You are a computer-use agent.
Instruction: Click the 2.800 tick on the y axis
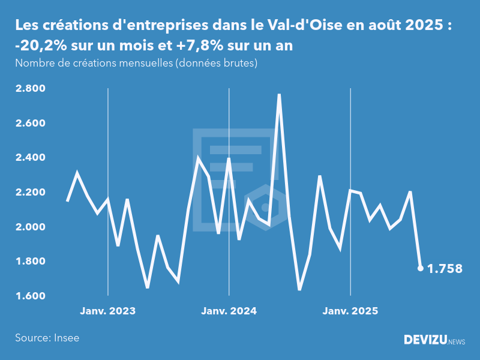pyautogui.click(x=29, y=89)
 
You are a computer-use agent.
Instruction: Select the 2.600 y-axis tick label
pyautogui.click(x=29, y=124)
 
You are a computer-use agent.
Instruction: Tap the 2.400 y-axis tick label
pyautogui.click(x=29, y=158)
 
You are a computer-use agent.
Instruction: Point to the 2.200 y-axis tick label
pyautogui.click(x=29, y=193)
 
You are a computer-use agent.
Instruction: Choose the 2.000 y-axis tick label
pyautogui.click(x=29, y=227)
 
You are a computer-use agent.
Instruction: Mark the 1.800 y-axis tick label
pyautogui.click(x=29, y=262)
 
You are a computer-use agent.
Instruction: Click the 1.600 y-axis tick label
pyautogui.click(x=29, y=296)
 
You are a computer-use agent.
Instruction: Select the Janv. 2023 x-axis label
pyautogui.click(x=108, y=311)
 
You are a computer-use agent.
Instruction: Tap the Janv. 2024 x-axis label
pyautogui.click(x=229, y=311)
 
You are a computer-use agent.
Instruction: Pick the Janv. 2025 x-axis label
pyautogui.click(x=350, y=311)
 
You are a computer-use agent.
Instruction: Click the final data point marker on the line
pyautogui.click(x=420, y=268)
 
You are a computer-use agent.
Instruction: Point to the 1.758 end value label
pyautogui.click(x=445, y=269)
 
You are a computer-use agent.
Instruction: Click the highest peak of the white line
pyautogui.click(x=279, y=95)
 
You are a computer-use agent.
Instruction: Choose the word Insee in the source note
pyautogui.click(x=65, y=338)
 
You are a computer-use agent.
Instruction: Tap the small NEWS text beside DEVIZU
pyautogui.click(x=457, y=342)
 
